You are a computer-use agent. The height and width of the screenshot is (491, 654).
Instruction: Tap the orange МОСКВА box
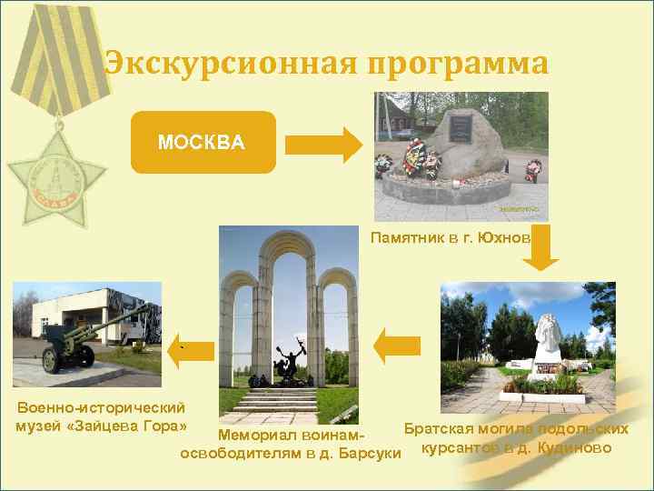[x=202, y=143]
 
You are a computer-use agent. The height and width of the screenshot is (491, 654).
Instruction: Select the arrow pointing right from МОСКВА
[x=324, y=144]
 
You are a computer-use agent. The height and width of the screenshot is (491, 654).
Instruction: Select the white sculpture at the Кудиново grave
[x=548, y=334]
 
